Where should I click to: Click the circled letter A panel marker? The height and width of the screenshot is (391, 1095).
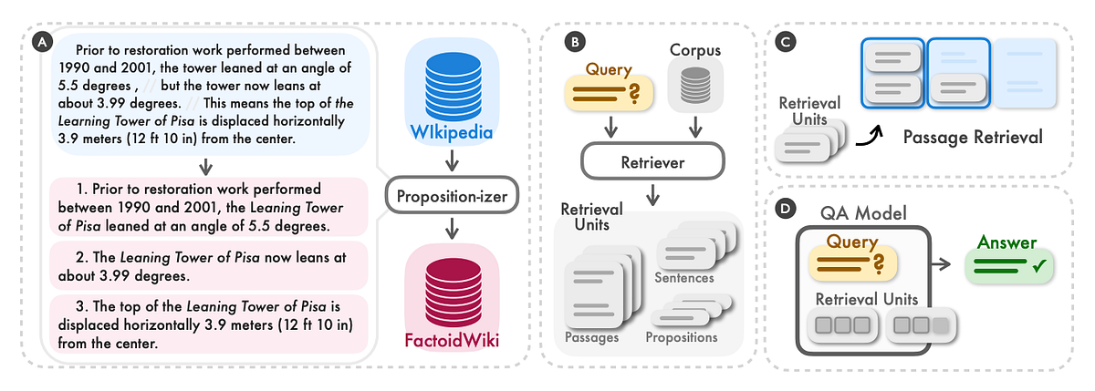[x=40, y=42]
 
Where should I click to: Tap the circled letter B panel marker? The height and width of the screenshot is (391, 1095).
[x=573, y=42]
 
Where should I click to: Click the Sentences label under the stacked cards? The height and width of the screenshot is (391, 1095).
[x=684, y=277]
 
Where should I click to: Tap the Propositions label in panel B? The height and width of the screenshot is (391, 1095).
[x=681, y=337]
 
